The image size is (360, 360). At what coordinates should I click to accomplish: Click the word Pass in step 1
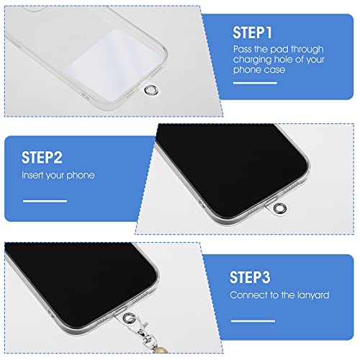243,48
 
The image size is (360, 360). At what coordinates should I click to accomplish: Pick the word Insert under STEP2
32,175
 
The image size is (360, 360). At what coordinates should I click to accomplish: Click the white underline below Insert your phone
45,201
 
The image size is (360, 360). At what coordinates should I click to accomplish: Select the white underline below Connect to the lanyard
253,320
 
